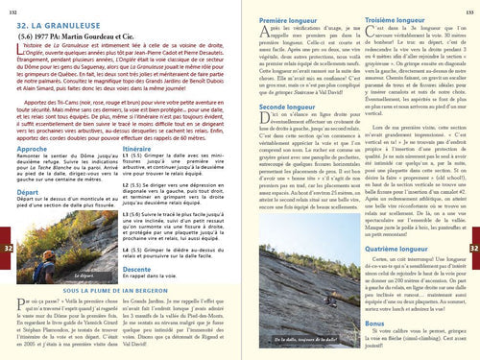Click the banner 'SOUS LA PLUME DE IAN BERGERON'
point(120,289)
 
